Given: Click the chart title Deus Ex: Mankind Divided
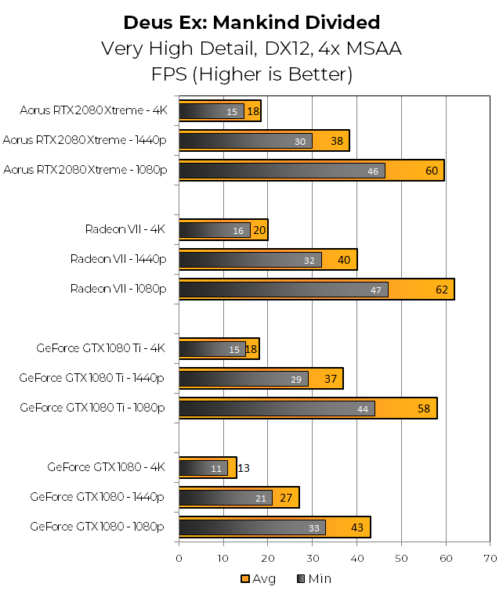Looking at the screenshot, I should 251,22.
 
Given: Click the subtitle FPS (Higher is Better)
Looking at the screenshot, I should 251,75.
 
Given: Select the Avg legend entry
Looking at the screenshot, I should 258,579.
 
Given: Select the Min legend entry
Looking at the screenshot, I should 313,579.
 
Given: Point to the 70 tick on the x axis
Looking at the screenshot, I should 490,558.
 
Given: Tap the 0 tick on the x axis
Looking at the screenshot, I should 179,558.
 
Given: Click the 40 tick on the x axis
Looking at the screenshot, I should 357,558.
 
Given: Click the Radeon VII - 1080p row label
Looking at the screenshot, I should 118,289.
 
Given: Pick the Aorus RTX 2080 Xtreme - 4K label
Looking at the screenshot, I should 94,110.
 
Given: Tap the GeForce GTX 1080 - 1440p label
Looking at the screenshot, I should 97,497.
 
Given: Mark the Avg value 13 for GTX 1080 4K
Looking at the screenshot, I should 244,468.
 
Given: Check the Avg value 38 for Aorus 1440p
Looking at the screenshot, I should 337,141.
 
